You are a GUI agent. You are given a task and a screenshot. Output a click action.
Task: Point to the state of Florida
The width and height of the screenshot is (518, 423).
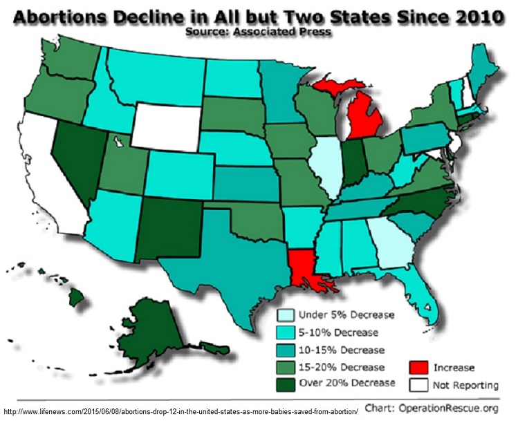coord(423,291)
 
